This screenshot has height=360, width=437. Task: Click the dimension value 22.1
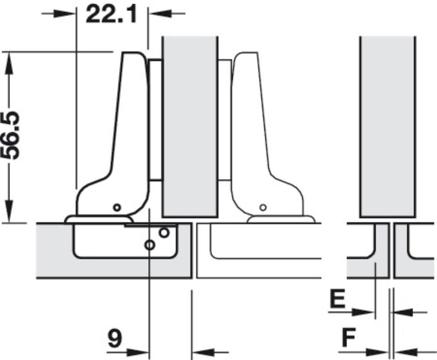point(112,14)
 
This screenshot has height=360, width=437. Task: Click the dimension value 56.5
point(10,136)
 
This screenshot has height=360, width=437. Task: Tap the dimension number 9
point(115,338)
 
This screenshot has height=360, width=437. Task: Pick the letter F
point(348,337)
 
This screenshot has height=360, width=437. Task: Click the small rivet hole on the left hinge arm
point(117,207)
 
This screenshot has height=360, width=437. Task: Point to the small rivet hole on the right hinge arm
point(263,207)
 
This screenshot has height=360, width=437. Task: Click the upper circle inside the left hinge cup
point(164,232)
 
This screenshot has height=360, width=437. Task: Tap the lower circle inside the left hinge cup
point(150,245)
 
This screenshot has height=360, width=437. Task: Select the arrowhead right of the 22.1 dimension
point(160,13)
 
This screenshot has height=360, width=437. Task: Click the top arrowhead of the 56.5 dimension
point(9,63)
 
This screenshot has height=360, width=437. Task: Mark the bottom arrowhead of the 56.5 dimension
point(9,211)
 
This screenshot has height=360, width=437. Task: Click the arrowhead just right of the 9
point(138,352)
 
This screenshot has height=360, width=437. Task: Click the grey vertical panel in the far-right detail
point(388,127)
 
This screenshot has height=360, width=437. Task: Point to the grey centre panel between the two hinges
point(190,127)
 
